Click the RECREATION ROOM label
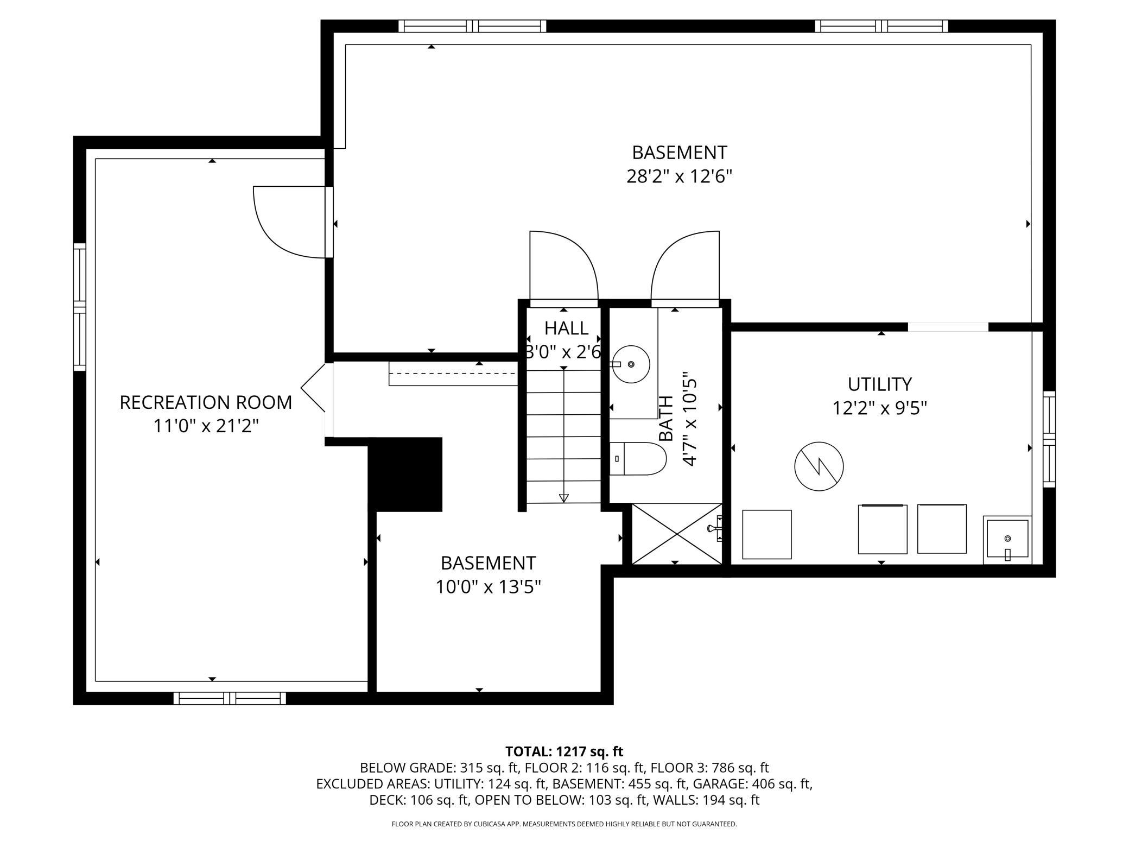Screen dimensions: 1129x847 (206, 402)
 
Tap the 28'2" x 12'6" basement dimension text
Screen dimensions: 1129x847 (680, 176)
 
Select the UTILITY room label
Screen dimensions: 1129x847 (880, 384)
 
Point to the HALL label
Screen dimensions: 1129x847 (566, 328)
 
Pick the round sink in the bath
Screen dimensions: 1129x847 (631, 364)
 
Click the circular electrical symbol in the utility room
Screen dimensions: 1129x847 (819, 466)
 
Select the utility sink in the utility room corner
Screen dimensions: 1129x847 (1007, 540)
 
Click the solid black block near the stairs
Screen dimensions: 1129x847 (405, 474)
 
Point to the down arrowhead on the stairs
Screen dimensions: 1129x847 (564, 498)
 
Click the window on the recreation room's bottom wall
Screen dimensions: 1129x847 (230, 698)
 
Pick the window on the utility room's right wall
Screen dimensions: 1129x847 (1049, 439)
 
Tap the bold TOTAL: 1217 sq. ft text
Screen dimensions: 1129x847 (564, 751)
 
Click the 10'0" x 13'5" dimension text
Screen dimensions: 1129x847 (489, 587)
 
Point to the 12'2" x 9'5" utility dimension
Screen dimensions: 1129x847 (880, 408)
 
